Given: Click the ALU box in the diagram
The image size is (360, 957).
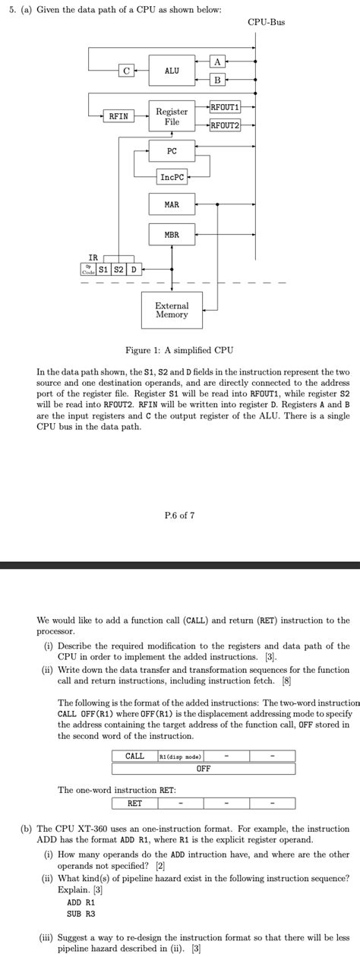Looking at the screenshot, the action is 172,71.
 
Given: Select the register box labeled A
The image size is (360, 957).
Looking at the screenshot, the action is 217,62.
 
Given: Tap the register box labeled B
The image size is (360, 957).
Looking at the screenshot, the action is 217,80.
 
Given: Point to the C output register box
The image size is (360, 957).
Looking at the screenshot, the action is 126,71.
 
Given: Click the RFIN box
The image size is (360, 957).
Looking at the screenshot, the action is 118,116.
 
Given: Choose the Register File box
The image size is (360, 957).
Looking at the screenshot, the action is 172,116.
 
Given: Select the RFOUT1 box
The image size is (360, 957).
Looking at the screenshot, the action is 225,108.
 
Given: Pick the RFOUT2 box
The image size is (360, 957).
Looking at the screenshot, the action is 225,125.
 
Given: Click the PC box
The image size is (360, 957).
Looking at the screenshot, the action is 172,151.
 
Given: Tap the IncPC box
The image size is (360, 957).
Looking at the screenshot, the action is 172,177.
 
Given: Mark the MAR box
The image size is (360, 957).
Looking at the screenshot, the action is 172,205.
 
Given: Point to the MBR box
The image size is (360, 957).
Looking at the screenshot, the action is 172,235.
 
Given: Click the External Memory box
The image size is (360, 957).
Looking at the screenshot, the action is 172,310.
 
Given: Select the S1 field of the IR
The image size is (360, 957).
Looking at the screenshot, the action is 103,270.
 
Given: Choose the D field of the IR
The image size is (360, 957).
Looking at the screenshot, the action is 133,270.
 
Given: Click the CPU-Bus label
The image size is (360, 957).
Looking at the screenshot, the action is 266,23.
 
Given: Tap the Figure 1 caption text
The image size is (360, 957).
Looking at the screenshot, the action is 179,350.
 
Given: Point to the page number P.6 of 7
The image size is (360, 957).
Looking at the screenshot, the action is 179,515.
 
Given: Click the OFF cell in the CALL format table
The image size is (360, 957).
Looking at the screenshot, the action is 204,769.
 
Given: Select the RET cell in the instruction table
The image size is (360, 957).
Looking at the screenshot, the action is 134,803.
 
